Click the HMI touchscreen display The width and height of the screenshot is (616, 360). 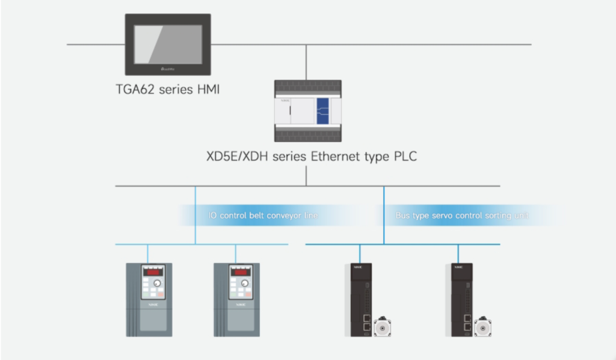click(168, 40)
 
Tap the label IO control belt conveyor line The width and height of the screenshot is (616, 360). click(263, 215)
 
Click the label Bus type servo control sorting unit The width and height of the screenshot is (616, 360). click(462, 215)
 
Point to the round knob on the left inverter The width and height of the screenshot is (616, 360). click(157, 282)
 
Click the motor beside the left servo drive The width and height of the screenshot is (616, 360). click(381, 327)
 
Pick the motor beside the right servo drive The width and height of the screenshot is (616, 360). click(480, 327)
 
